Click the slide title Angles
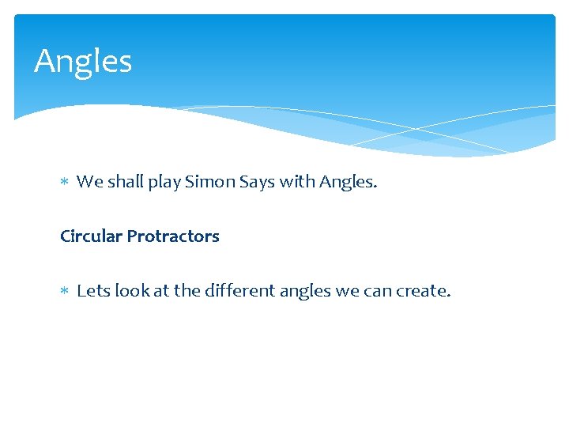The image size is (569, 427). click(83, 62)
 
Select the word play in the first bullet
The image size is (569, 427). click(164, 183)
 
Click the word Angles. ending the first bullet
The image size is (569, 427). click(349, 183)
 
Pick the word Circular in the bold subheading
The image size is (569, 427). click(91, 236)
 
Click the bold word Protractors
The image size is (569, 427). click(173, 236)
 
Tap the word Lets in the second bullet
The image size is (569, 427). click(93, 291)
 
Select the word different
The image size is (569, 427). click(237, 291)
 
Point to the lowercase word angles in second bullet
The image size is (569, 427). click(303, 292)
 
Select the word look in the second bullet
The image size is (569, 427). click(131, 291)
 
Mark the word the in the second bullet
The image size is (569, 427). click(187, 291)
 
